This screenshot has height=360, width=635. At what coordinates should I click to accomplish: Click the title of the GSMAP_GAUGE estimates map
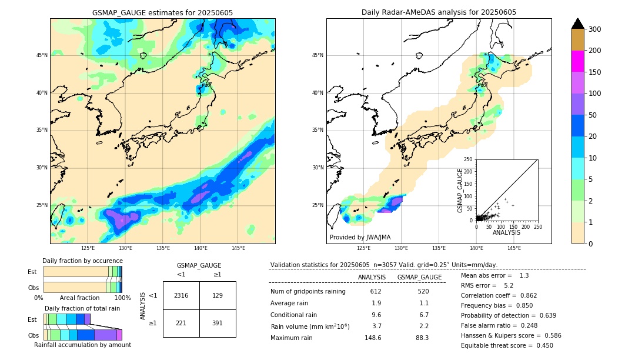(162, 12)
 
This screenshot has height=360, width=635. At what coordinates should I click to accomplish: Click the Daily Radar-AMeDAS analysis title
(439, 12)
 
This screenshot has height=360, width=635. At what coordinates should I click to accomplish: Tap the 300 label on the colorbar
(595, 29)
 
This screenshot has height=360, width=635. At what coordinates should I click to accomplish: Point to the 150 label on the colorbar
(595, 72)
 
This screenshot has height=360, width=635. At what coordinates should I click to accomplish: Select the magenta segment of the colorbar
(577, 61)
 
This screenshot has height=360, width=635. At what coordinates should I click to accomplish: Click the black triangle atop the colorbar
(577, 24)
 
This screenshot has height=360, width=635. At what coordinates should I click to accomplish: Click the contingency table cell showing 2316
(181, 295)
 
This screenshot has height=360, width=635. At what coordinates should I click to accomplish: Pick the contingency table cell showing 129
(218, 295)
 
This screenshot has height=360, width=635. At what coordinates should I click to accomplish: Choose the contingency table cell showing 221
(181, 323)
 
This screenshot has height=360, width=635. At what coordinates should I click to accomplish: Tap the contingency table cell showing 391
(218, 323)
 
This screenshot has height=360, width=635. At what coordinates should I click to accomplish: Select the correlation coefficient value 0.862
(524, 295)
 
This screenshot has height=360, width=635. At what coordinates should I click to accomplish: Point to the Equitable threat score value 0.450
(542, 345)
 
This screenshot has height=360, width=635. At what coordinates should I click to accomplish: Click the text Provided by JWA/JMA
(360, 237)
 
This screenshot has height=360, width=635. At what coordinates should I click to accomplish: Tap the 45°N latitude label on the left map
(42, 55)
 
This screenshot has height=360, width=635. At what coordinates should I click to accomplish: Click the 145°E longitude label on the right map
(514, 248)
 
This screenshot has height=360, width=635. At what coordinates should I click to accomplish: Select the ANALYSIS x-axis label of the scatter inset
(506, 232)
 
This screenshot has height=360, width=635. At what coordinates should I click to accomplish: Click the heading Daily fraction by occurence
(82, 261)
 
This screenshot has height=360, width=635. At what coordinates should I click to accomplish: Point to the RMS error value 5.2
(508, 285)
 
